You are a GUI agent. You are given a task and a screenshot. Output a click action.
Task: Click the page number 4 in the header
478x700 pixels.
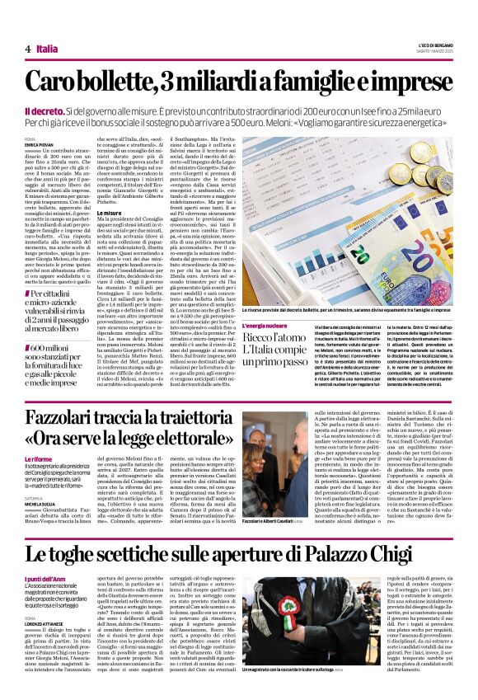[x=28, y=49]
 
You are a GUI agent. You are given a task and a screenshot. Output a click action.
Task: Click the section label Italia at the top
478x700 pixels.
[x=47, y=49]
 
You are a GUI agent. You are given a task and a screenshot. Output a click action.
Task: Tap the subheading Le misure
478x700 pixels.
[x=110, y=214]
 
